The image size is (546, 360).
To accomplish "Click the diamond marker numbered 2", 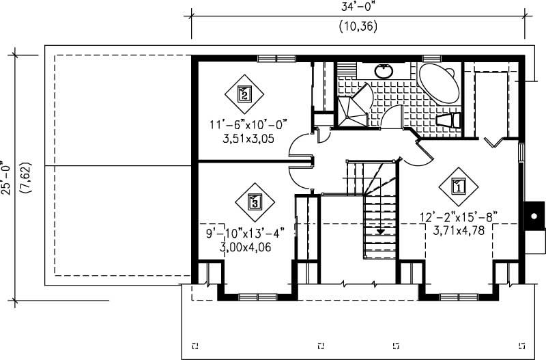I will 244,94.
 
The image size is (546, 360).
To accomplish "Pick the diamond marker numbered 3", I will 255,202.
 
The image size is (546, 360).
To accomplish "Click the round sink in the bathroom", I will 384,70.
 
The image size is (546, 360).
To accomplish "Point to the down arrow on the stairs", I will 379,232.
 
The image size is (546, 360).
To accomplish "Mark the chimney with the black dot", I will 533,218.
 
